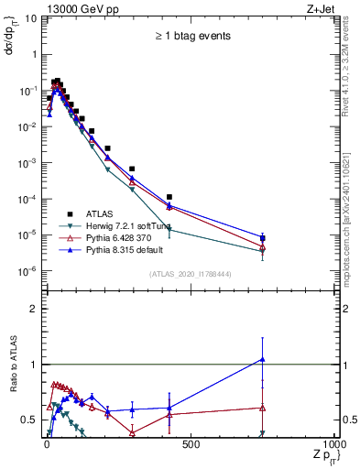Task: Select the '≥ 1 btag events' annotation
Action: [x=191, y=37]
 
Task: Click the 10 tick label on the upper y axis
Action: [x=30, y=18]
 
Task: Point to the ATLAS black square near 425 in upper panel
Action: [x=169, y=197]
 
